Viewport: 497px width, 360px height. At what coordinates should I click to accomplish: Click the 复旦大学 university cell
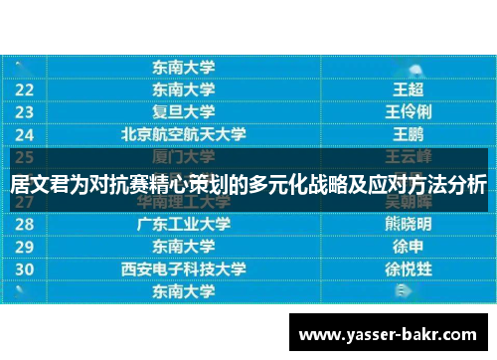coord(184,111)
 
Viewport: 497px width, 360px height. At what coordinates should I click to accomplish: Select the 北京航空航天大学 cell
coord(184,133)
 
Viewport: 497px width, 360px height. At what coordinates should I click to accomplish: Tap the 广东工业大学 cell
coord(184,224)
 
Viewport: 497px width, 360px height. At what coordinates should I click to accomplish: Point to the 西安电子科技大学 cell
coord(184,269)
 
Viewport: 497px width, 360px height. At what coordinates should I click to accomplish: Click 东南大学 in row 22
coord(184,90)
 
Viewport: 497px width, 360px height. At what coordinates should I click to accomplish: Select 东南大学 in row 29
coord(184,246)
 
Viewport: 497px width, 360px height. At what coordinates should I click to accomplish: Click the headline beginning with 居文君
coord(248,184)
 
